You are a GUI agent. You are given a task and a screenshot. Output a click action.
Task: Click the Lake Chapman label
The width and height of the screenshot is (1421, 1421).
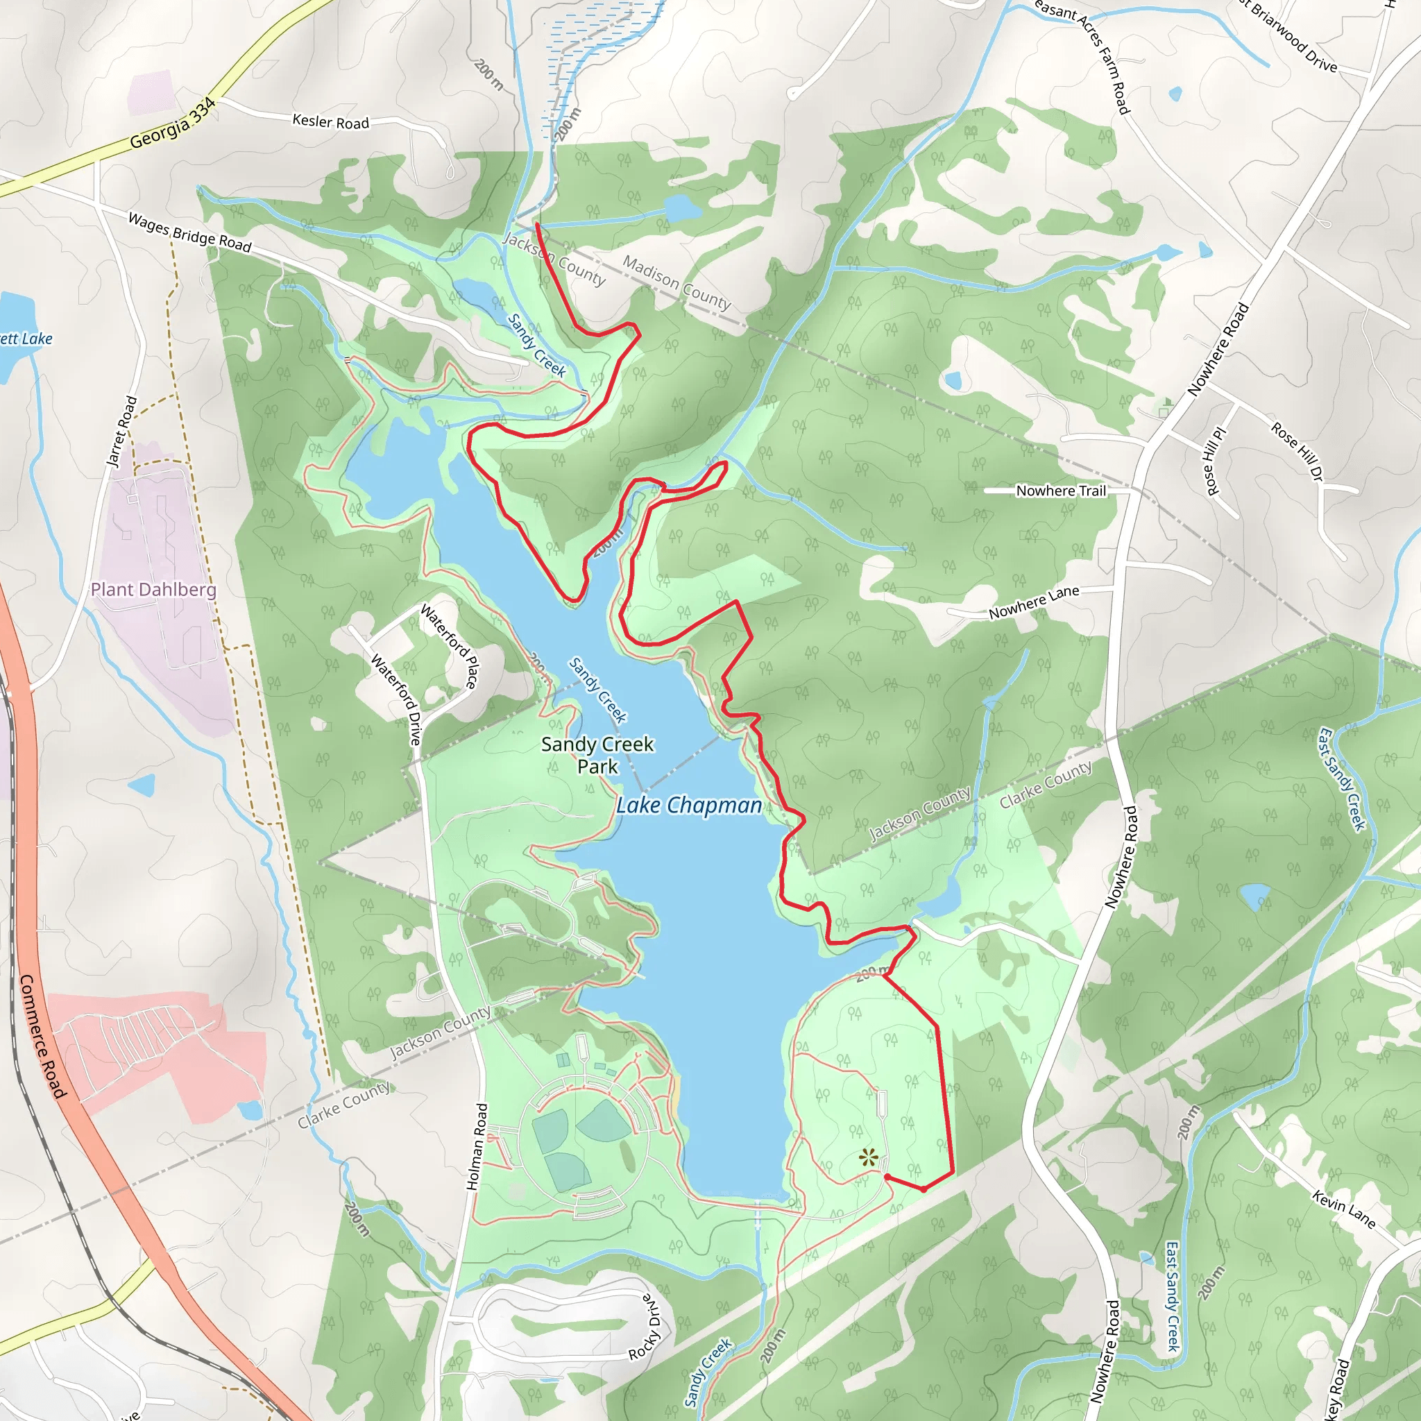[688, 806]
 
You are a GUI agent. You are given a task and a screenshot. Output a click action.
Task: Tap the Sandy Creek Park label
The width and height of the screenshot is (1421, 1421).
[597, 756]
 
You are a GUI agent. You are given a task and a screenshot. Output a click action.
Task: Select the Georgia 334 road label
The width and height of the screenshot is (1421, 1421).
[173, 124]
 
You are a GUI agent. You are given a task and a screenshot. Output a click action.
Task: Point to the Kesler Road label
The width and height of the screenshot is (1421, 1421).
[330, 121]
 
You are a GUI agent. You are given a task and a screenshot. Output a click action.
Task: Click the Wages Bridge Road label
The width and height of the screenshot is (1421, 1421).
[189, 232]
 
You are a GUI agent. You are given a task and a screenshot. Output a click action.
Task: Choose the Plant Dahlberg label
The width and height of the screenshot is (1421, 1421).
[154, 589]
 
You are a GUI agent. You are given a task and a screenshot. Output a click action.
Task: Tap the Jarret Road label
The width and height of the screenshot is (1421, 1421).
[122, 432]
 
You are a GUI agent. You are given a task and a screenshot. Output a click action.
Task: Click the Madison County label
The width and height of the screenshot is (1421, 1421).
[677, 282]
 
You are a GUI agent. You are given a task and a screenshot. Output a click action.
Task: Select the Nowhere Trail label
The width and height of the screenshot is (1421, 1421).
[1061, 491]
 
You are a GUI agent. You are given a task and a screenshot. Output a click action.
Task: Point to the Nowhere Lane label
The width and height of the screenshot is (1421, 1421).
[1033, 602]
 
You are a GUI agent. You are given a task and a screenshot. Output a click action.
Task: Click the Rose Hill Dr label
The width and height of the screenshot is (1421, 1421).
[1297, 452]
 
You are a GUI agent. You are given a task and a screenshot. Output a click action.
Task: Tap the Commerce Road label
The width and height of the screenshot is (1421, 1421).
[42, 1037]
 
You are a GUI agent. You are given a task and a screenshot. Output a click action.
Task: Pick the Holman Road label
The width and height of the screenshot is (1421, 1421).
[477, 1147]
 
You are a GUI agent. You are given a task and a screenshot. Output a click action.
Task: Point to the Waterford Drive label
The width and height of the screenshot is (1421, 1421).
[395, 699]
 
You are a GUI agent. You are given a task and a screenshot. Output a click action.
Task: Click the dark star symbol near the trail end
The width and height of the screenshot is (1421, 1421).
[869, 1159]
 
